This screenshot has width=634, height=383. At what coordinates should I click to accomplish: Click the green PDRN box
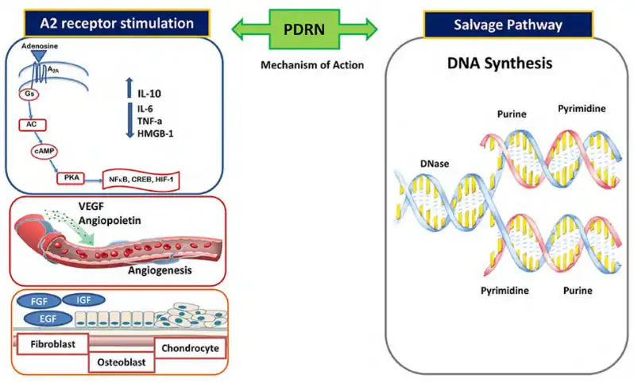click(304, 29)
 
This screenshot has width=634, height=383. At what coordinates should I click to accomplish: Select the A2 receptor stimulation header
click(117, 23)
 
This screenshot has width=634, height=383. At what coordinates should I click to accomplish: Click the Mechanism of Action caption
click(312, 65)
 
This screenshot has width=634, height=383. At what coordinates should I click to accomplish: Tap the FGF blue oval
click(38, 301)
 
